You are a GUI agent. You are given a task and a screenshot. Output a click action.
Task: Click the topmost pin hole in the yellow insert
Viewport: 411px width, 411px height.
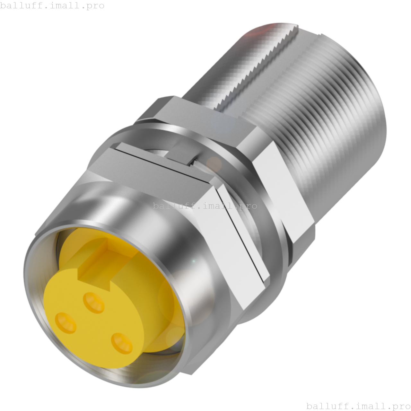[93, 302]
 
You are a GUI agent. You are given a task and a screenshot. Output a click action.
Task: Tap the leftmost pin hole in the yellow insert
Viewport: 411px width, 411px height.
[66, 322]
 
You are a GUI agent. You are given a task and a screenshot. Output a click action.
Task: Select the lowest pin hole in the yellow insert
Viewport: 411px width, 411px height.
[122, 343]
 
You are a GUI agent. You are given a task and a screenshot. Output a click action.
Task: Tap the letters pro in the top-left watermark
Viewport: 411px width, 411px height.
[95, 6]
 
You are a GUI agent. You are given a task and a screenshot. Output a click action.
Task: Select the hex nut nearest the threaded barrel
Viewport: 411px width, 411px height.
[279, 180]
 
